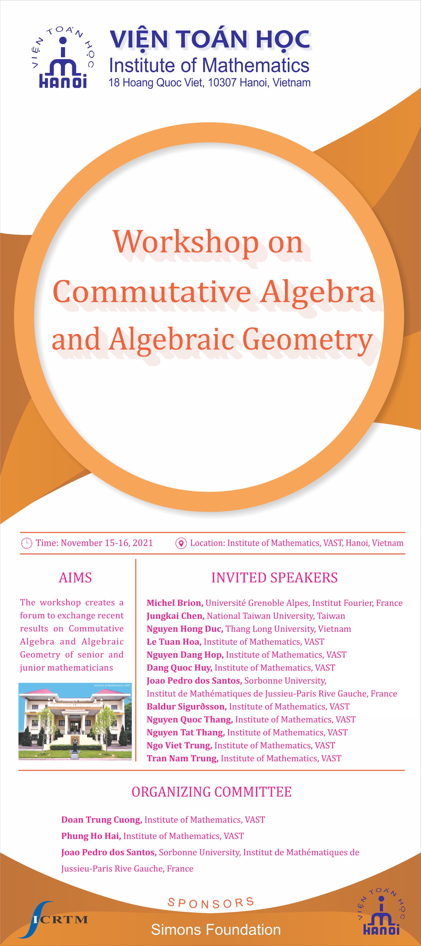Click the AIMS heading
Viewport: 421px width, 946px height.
(x=75, y=578)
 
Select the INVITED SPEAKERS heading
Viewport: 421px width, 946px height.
(x=274, y=578)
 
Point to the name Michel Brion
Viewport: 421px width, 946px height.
(x=174, y=603)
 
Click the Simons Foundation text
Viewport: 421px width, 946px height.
(x=216, y=929)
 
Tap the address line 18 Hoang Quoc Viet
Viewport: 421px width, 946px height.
(x=209, y=83)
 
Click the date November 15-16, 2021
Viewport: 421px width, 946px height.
(x=107, y=543)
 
